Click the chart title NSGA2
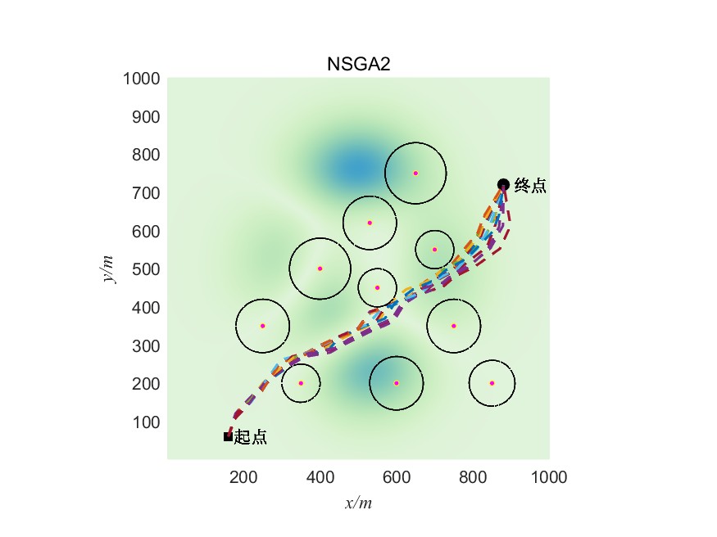[x=357, y=65]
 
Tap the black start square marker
[x=228, y=436]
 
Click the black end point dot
[x=503, y=185]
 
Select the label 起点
[x=251, y=438]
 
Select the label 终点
[x=530, y=187]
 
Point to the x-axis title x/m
[x=358, y=503]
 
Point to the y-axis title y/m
[x=109, y=268]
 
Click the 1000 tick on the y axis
[x=140, y=79]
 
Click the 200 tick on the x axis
[x=243, y=476]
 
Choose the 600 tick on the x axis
[x=397, y=476]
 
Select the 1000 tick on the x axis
[x=549, y=476]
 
